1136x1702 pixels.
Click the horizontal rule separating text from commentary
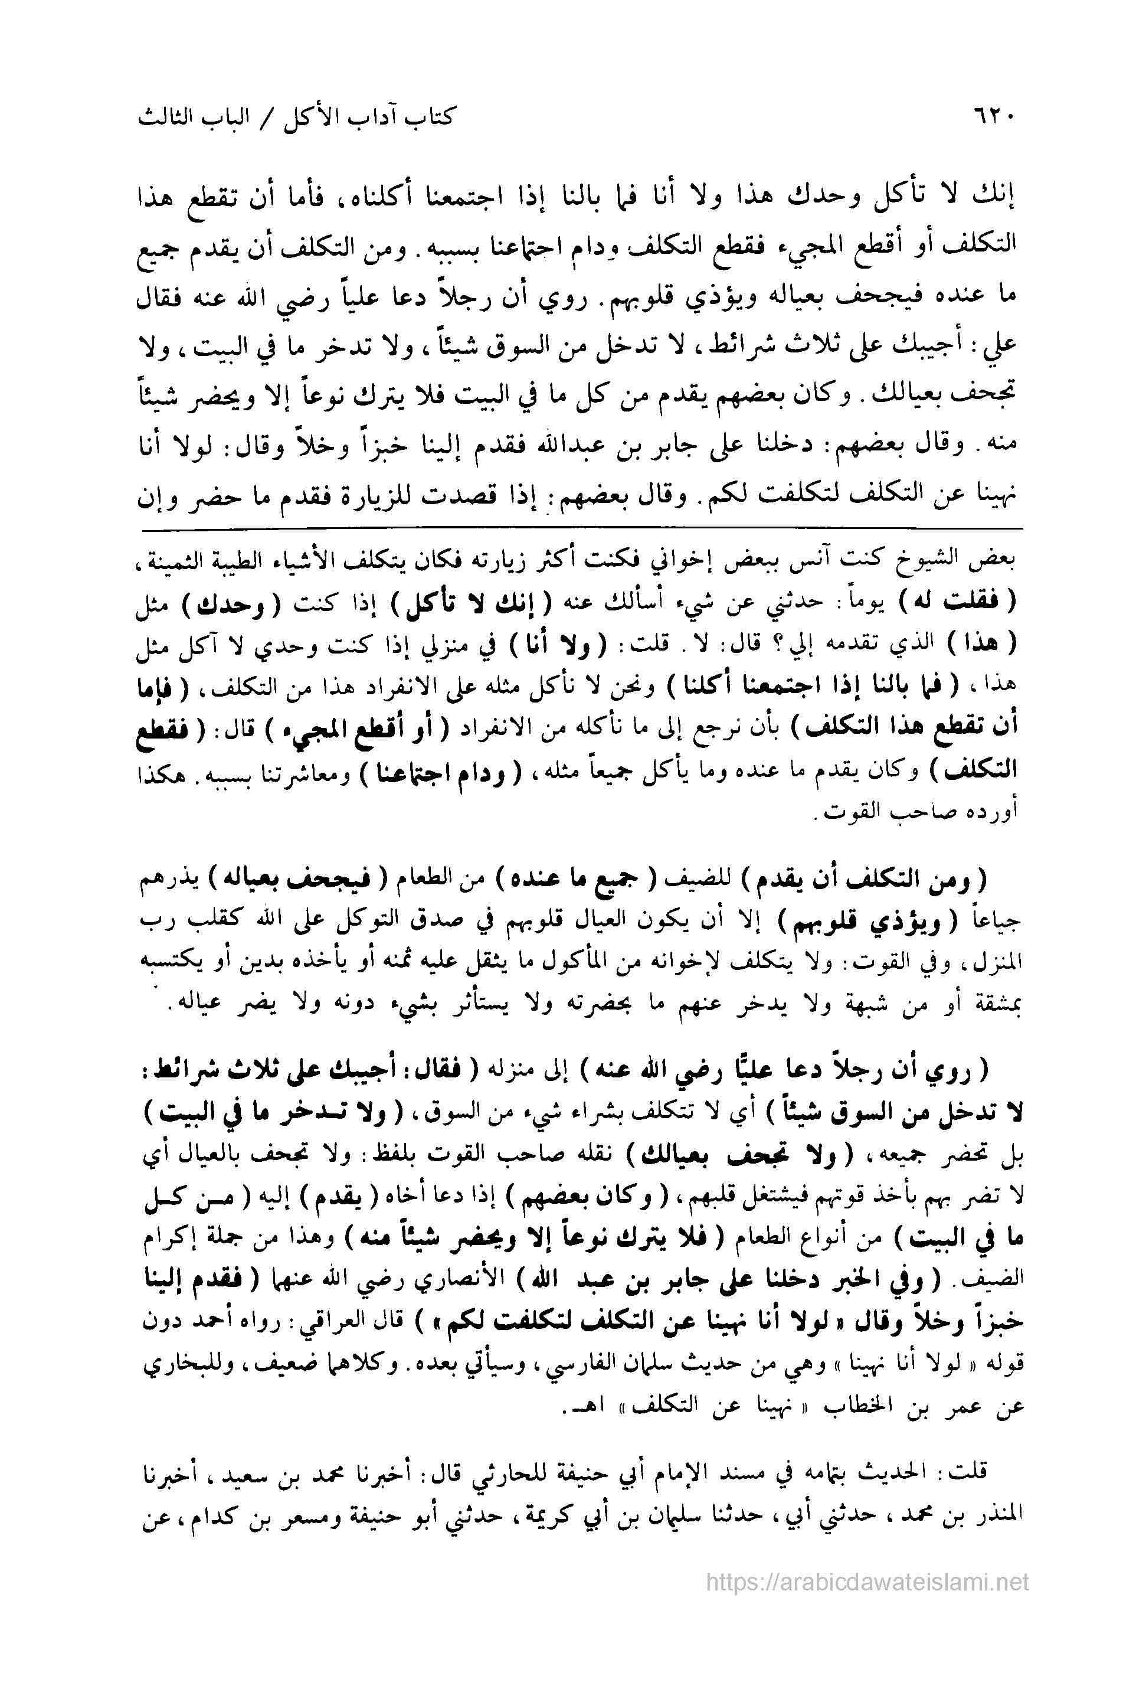580,530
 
